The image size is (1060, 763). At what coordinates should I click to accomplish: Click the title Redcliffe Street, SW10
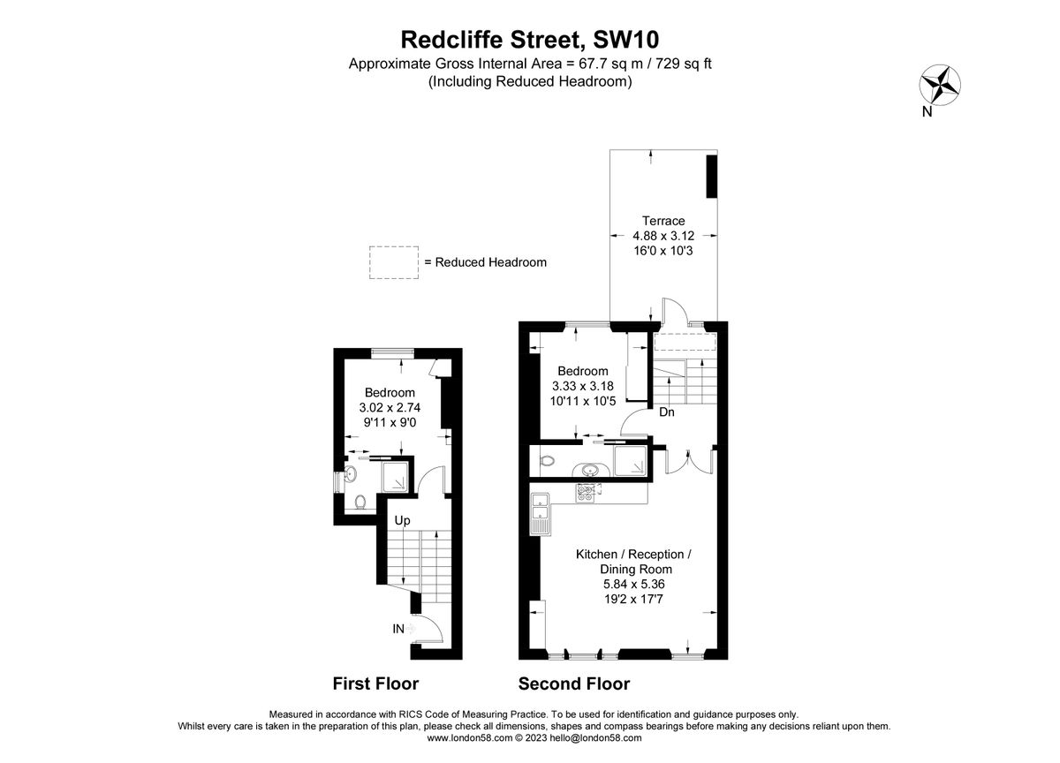(x=530, y=39)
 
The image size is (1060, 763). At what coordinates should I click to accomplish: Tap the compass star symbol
(x=942, y=86)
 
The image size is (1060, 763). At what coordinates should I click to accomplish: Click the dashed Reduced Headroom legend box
(x=393, y=262)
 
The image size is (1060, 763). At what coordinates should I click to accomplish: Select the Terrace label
(x=663, y=221)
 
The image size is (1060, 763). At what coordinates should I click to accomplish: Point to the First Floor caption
(x=375, y=684)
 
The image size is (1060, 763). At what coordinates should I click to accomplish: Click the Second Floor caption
(x=573, y=684)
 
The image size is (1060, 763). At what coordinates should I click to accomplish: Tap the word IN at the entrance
(x=399, y=629)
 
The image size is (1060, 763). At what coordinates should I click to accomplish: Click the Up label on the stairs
(x=403, y=521)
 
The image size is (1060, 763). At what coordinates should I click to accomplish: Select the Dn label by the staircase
(x=667, y=412)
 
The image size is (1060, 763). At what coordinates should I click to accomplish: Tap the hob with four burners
(x=587, y=493)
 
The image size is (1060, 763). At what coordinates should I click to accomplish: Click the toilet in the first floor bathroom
(x=360, y=503)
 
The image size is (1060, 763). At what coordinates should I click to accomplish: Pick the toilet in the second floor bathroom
(x=546, y=460)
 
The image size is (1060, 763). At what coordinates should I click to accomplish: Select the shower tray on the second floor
(x=630, y=460)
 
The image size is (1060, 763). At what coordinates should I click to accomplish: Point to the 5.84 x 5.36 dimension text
(x=632, y=584)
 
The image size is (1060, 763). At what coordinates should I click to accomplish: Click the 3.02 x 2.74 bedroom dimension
(x=390, y=408)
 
